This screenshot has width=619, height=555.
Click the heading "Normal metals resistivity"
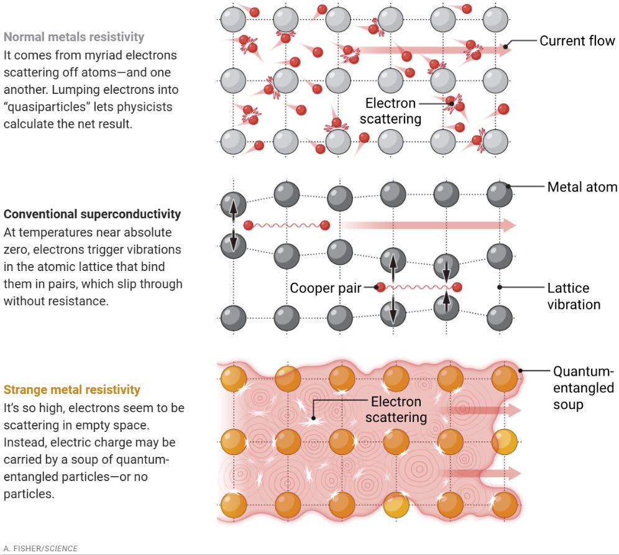[x=74, y=37]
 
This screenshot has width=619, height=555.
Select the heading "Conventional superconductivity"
[x=92, y=214]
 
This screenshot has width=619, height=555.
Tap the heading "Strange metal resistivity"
[x=71, y=390]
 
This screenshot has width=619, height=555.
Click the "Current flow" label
[x=577, y=42]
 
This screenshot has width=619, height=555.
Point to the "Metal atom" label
[x=582, y=187]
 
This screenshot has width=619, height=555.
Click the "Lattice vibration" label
[x=573, y=296]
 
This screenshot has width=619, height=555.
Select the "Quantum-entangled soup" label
[x=583, y=388]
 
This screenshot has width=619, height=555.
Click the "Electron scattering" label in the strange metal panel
[x=395, y=409]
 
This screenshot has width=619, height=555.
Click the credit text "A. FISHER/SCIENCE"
[x=40, y=548]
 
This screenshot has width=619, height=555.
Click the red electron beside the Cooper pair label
[x=382, y=287]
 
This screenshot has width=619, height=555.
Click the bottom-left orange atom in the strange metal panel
[x=231, y=503]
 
